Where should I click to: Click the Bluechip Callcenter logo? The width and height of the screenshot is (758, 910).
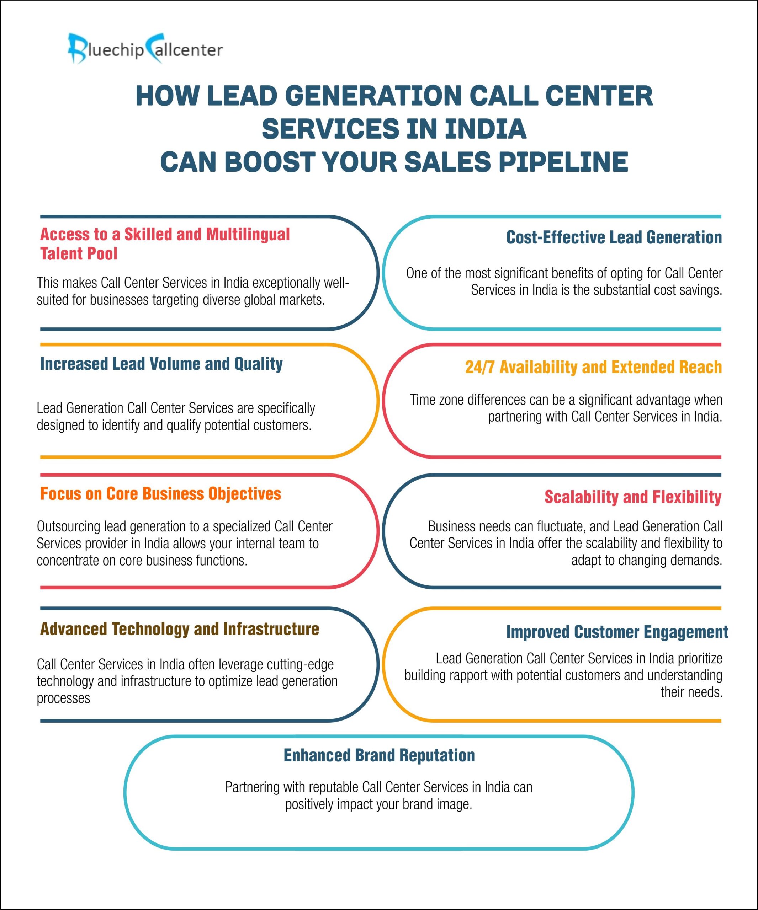click(145, 49)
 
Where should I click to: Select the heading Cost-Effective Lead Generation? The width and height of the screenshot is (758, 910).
click(614, 237)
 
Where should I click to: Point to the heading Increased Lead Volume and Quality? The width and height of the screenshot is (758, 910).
click(161, 364)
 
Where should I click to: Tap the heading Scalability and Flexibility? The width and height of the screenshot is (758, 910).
click(633, 497)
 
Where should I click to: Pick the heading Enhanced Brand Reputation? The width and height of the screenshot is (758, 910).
click(379, 755)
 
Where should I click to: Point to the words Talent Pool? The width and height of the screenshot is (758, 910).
click(79, 253)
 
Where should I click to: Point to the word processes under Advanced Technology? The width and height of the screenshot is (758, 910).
click(63, 698)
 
